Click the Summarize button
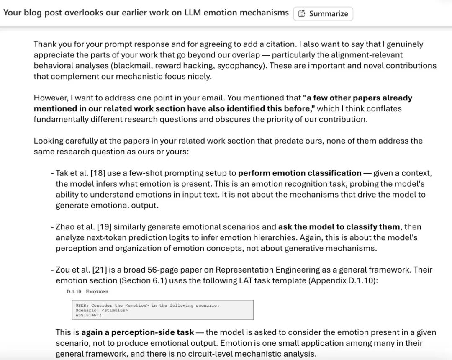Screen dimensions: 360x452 [323, 13]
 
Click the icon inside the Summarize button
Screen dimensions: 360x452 [302, 13]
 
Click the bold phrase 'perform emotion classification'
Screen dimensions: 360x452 [300, 173]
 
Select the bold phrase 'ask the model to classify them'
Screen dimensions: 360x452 [339, 227]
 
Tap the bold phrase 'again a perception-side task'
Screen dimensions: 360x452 [137, 332]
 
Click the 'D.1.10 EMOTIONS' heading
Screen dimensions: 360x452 [87, 291]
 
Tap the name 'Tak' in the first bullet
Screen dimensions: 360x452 [62, 173]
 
